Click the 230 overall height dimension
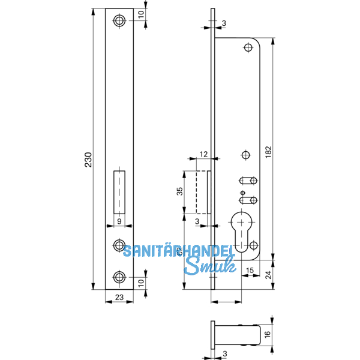tap(88, 161)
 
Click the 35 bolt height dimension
tap(179, 192)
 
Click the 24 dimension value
tap(268, 275)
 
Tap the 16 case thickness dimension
tap(268, 335)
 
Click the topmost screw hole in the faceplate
tap(120, 21)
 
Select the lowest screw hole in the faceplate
tap(120, 277)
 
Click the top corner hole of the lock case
tap(249, 47)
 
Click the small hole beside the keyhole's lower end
tap(253, 245)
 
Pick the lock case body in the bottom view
tap(237, 335)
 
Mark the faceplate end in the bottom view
tap(213, 335)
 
